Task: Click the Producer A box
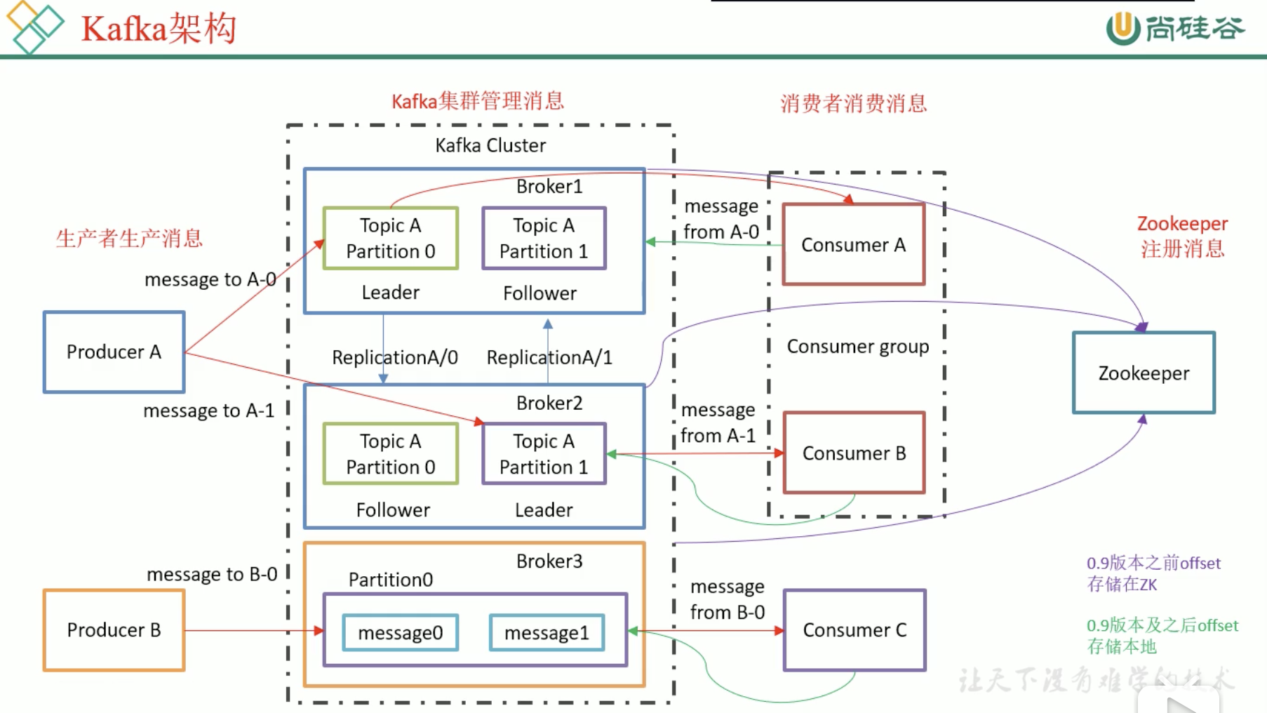pyautogui.click(x=114, y=352)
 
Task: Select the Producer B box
pyautogui.click(x=114, y=630)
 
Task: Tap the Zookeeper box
pyautogui.click(x=1144, y=373)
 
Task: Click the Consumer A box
pyautogui.click(x=853, y=245)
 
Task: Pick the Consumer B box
pyautogui.click(x=854, y=453)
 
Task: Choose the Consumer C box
pyautogui.click(x=854, y=630)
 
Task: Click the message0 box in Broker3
pyautogui.click(x=400, y=633)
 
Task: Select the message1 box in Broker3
pyautogui.click(x=547, y=633)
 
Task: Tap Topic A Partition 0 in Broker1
pyautogui.click(x=390, y=239)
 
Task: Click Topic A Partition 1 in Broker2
pyautogui.click(x=544, y=454)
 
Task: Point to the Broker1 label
pyautogui.click(x=549, y=187)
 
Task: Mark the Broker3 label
pyautogui.click(x=549, y=561)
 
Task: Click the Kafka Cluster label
pyautogui.click(x=490, y=145)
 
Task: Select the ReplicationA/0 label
pyautogui.click(x=394, y=357)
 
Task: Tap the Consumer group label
pyautogui.click(x=857, y=347)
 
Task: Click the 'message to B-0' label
pyautogui.click(x=212, y=574)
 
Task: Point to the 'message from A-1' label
pyautogui.click(x=718, y=422)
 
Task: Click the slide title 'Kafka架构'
pyautogui.click(x=159, y=29)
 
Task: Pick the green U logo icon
pyautogui.click(x=1122, y=28)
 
